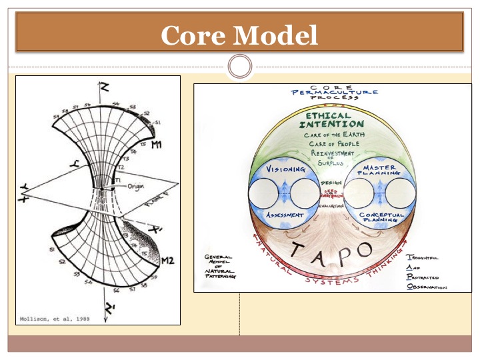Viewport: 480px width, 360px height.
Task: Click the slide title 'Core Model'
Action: coord(239,35)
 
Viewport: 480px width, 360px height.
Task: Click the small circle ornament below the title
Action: coord(239,67)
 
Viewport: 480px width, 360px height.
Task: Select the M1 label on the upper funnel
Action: coord(158,145)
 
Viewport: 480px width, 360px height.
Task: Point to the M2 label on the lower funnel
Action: coord(166,261)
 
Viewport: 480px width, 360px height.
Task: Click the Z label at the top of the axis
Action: coord(104,87)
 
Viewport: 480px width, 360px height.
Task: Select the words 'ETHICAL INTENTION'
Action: coord(331,120)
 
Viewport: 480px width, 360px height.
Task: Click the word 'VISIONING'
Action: coord(285,169)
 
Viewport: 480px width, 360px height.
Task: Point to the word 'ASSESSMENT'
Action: coord(285,215)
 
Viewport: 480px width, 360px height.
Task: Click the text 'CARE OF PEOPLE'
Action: coord(331,143)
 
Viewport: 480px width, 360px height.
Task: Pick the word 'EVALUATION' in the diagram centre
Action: coord(331,207)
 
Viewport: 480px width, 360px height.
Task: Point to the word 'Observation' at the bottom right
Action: coord(427,287)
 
